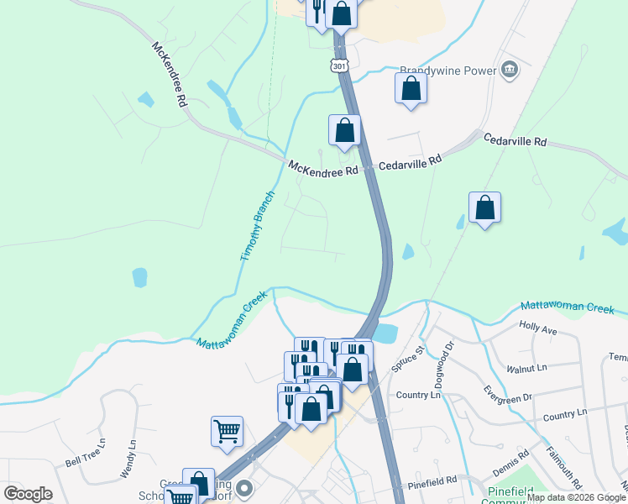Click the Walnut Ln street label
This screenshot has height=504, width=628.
(x=527, y=368)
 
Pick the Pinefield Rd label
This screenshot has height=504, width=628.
(x=432, y=481)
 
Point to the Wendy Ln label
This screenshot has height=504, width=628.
(x=128, y=459)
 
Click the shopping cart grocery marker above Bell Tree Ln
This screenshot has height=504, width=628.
(x=227, y=431)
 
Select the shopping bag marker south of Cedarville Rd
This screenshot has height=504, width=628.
(x=484, y=207)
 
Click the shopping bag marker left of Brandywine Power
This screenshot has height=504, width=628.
(x=411, y=88)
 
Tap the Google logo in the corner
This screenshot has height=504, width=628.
(x=28, y=494)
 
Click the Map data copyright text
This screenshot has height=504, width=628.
(x=577, y=497)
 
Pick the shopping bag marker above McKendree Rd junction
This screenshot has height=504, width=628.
(x=344, y=130)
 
